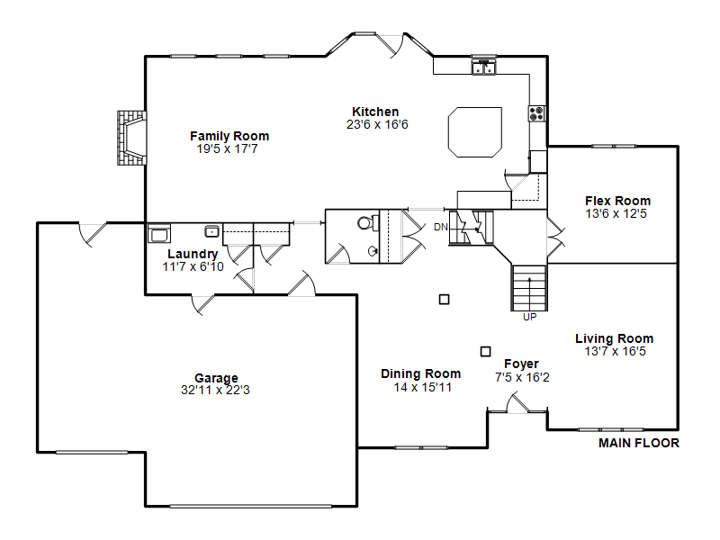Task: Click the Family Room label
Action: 229,136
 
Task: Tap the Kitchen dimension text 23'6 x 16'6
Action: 377,124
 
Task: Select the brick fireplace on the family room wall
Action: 131,138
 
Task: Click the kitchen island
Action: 475,132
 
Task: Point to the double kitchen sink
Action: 484,67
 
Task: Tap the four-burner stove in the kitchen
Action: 536,113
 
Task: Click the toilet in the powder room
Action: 367,223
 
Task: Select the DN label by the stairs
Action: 440,227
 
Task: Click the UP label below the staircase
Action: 529,317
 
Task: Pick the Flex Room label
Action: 617,201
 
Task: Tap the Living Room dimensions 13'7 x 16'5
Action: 615,351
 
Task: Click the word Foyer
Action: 521,364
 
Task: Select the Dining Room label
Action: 420,373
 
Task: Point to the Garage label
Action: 216,378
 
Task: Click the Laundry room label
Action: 193,254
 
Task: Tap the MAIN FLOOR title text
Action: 639,443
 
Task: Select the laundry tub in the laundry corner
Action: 159,233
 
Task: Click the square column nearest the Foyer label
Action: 485,351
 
